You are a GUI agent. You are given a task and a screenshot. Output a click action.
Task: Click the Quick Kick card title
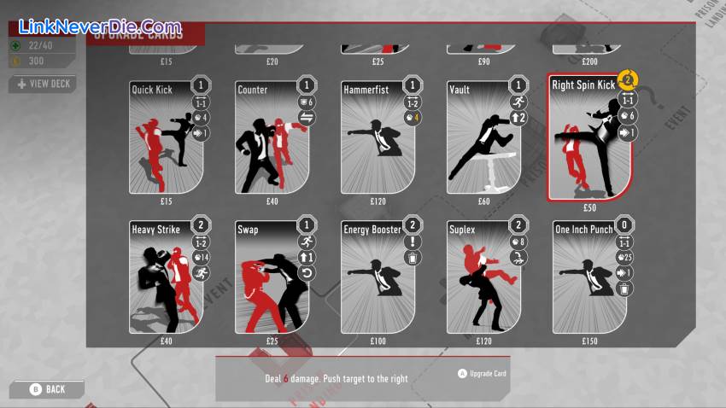coord(152,90)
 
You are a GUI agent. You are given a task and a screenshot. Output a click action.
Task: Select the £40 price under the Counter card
coord(272,201)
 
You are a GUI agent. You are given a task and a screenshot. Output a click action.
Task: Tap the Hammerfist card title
coord(367,90)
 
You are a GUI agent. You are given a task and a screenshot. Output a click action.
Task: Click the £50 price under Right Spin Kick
coord(589,207)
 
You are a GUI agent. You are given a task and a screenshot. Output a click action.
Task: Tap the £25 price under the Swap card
coord(272,341)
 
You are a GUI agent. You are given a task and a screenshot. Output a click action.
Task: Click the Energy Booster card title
coord(372,230)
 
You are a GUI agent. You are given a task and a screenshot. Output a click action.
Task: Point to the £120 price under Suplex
coord(483,341)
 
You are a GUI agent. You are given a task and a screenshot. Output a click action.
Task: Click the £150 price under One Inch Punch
coord(588,341)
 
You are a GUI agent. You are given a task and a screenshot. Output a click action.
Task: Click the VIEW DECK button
coord(43,84)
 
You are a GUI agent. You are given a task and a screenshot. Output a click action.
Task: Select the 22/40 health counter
coord(42,46)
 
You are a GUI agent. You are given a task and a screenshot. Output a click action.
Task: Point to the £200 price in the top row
coord(588,61)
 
